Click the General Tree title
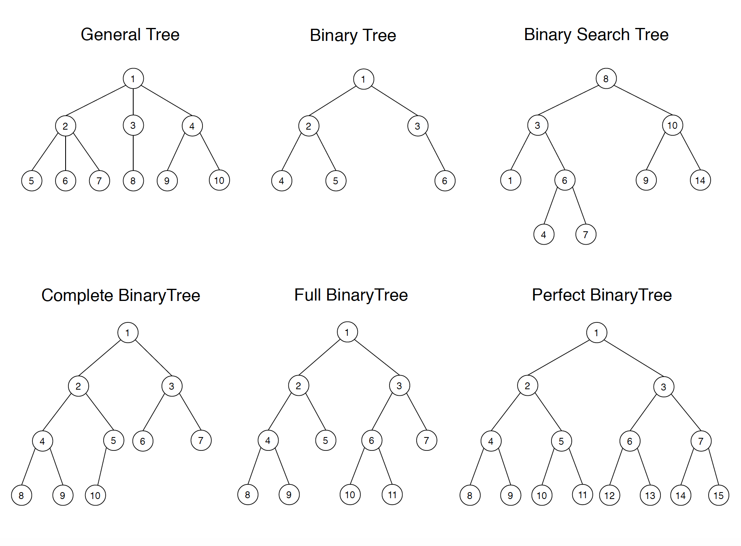(x=130, y=34)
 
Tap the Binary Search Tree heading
(x=596, y=34)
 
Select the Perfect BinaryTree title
(x=602, y=295)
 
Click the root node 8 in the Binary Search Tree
(x=606, y=79)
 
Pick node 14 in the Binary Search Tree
(x=700, y=180)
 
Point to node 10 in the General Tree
(x=219, y=180)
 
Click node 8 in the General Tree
(x=133, y=181)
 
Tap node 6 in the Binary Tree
(x=445, y=181)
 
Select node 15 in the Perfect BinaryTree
(x=718, y=495)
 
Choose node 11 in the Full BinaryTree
(x=392, y=495)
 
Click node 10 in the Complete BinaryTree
(x=96, y=495)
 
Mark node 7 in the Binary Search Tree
(x=586, y=235)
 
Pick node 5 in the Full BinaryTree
(x=326, y=440)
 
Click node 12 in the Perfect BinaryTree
(x=609, y=495)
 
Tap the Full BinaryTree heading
(x=351, y=295)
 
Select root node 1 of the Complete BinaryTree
(x=128, y=333)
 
